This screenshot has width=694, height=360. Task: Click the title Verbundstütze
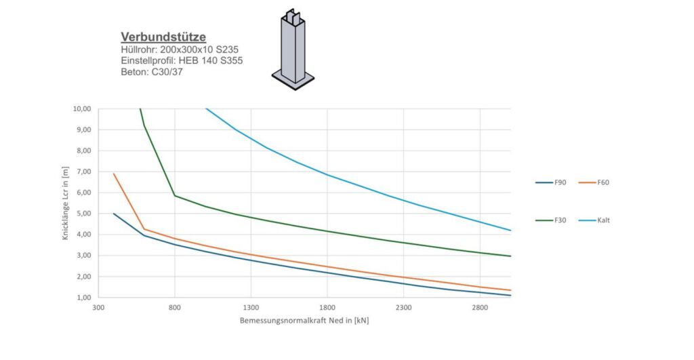tap(163, 37)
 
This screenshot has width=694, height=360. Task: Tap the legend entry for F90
tap(550, 182)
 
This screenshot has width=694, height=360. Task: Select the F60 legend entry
tap(594, 182)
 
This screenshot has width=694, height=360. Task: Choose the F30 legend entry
tap(550, 220)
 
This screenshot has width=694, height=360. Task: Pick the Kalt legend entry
tap(594, 220)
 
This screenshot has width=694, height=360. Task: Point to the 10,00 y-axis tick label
tap(82, 108)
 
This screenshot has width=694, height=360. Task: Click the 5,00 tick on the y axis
tap(83, 214)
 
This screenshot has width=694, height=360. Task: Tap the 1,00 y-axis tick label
tap(83, 298)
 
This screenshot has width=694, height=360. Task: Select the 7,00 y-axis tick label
tap(83, 172)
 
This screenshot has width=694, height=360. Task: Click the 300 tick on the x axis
tap(98, 307)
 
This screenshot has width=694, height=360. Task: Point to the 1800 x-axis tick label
tap(327, 307)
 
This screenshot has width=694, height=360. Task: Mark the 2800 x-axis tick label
tap(480, 307)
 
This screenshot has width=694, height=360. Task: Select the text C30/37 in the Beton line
tap(167, 72)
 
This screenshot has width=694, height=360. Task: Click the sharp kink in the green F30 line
tap(175, 195)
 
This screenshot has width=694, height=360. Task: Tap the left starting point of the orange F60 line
tap(114, 174)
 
